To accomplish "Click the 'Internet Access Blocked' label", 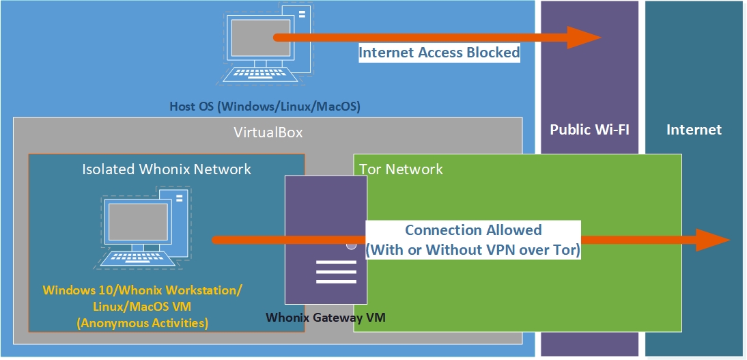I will pos(439,53).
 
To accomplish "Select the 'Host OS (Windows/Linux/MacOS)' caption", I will pos(264,107).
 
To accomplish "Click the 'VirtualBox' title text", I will pos(268,133).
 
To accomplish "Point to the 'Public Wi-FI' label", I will pos(589,130).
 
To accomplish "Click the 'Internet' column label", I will pos(694,130).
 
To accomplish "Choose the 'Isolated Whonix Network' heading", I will pos(167,169).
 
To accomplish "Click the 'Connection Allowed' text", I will pos(473,230).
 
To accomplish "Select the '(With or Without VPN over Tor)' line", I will pos(473,250).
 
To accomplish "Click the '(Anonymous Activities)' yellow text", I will pos(142,322).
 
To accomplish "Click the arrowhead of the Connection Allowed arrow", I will pos(714,240).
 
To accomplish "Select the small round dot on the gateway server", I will pos(351,245).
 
